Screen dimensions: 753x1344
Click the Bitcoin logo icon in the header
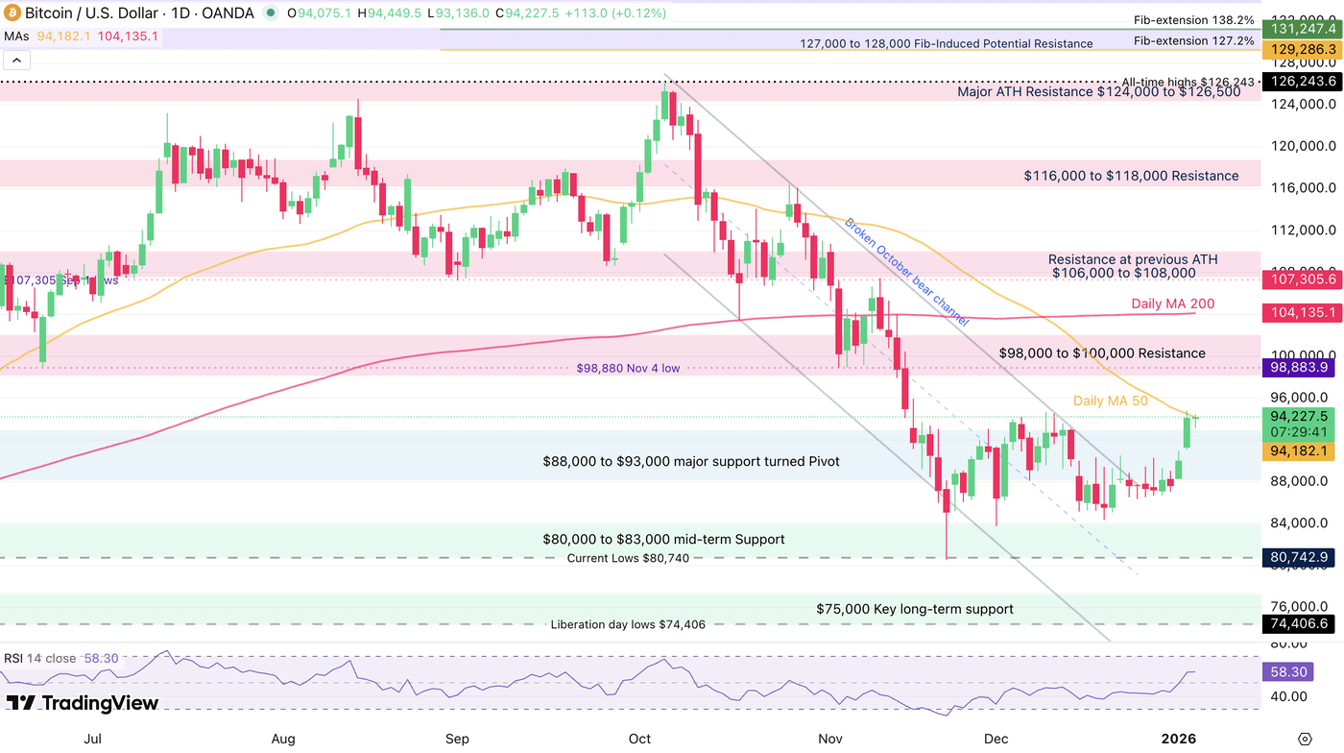click(x=12, y=13)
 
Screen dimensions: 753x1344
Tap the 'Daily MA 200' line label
click(x=1172, y=304)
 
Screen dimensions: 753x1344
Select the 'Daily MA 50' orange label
click(x=1110, y=401)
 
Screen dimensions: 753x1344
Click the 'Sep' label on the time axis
click(x=457, y=738)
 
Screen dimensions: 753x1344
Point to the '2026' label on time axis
click(x=1178, y=738)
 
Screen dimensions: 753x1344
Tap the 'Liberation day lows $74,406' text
click(x=628, y=624)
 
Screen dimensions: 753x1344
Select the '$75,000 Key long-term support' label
click(x=914, y=609)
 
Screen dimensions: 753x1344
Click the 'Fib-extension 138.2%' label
click(x=1193, y=19)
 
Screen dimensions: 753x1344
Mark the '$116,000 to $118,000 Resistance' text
click(x=1130, y=176)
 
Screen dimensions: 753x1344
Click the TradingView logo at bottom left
click(x=82, y=703)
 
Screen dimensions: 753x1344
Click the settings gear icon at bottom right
click(x=1304, y=738)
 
